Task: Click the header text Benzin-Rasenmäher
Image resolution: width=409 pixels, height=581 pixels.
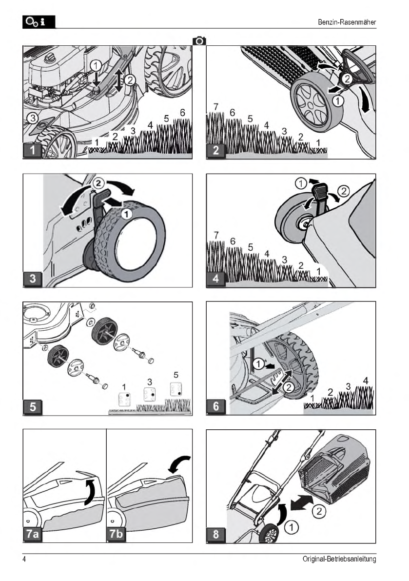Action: point(347,22)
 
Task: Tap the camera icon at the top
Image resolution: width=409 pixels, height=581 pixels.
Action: point(199,40)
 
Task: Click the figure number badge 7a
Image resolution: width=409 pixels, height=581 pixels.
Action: point(33,534)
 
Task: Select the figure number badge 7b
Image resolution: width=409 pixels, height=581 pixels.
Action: point(116,534)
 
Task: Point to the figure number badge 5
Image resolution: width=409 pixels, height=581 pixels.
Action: point(33,406)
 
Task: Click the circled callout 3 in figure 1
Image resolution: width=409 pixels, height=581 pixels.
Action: point(33,118)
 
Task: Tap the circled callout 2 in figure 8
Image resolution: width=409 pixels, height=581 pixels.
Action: point(319,511)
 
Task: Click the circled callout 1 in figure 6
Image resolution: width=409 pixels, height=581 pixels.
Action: point(259,364)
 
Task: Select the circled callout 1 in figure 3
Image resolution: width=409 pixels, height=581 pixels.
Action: point(127,214)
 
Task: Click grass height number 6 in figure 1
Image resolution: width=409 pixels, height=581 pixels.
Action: point(182,112)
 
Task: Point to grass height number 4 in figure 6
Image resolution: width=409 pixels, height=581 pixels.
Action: point(366,381)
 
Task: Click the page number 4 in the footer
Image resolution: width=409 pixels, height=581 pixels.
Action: point(24,559)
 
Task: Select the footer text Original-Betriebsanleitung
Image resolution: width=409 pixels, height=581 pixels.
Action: point(339,559)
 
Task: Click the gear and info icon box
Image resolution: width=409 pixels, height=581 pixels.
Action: point(39,22)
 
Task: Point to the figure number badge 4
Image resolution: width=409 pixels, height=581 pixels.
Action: point(216,279)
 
